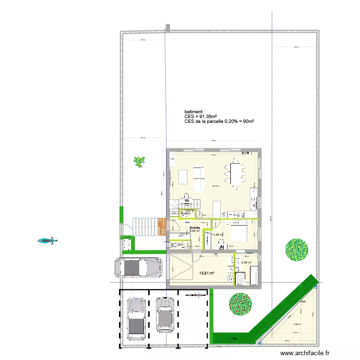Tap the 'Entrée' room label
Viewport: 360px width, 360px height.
[194, 228]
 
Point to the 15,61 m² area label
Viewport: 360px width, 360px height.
[206, 273]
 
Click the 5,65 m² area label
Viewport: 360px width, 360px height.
[247, 263]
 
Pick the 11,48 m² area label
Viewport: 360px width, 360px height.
[218, 235]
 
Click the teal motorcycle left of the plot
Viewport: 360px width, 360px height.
[47, 240]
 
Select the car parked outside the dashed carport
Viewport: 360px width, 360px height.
[138, 268]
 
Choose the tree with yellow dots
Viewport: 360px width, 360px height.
[297, 250]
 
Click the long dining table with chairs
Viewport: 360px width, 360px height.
[236, 175]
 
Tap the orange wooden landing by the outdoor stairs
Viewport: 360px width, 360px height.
[162, 227]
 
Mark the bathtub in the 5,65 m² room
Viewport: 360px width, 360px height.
[254, 277]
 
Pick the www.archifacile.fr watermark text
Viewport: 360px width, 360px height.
[305, 353]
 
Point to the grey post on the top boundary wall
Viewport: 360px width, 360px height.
[167, 28]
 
